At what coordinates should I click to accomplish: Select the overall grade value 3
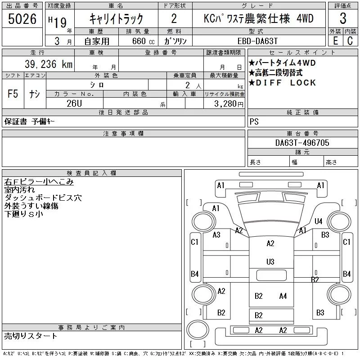tap(343, 19)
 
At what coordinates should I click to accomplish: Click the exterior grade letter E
tap(335, 40)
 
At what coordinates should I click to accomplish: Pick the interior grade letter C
tap(350, 40)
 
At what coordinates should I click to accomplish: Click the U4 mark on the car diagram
tap(319, 221)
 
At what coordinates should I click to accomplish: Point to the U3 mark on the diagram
tap(270, 261)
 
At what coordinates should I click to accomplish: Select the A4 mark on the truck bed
tap(283, 296)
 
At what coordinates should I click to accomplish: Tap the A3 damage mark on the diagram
tap(216, 234)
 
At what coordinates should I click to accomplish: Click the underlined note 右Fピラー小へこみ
tap(39, 182)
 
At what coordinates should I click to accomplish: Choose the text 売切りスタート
tap(31, 336)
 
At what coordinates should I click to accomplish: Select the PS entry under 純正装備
tap(254, 122)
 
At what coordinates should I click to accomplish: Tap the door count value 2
tap(174, 19)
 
